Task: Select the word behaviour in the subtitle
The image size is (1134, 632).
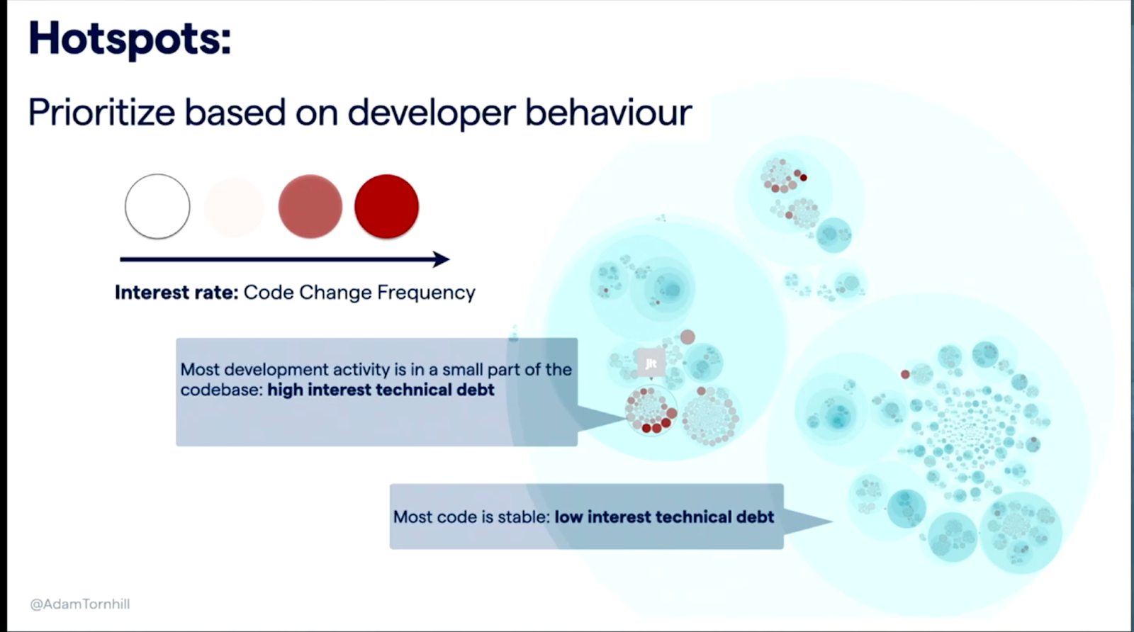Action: tap(608, 113)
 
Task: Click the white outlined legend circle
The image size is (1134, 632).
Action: tap(157, 206)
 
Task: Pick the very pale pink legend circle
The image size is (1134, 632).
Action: tap(234, 207)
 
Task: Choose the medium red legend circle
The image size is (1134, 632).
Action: tap(310, 206)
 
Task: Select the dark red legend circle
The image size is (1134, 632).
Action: tap(387, 206)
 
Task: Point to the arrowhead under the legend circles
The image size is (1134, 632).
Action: tap(441, 259)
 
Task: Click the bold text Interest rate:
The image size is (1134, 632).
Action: tap(176, 293)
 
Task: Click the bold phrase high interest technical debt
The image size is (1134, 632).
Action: tap(381, 390)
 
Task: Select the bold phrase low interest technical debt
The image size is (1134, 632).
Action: tap(664, 517)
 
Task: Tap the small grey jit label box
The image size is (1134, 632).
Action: tap(651, 363)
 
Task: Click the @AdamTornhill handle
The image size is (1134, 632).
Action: tap(80, 604)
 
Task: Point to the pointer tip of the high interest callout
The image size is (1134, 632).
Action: tap(626, 418)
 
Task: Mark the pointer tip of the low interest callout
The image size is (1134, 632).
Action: tap(833, 521)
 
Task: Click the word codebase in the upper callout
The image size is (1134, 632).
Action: tap(221, 390)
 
